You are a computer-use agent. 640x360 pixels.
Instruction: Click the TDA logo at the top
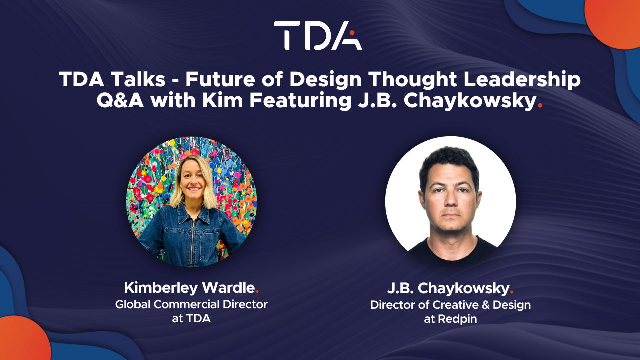tap(318, 35)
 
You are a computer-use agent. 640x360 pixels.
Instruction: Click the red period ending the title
tap(539, 105)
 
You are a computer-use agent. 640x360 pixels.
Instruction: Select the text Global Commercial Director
tap(191, 304)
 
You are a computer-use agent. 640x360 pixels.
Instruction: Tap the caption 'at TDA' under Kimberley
tap(191, 318)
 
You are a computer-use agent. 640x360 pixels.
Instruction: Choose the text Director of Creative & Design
tap(450, 304)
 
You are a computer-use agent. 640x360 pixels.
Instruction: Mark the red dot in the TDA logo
tap(352, 33)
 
